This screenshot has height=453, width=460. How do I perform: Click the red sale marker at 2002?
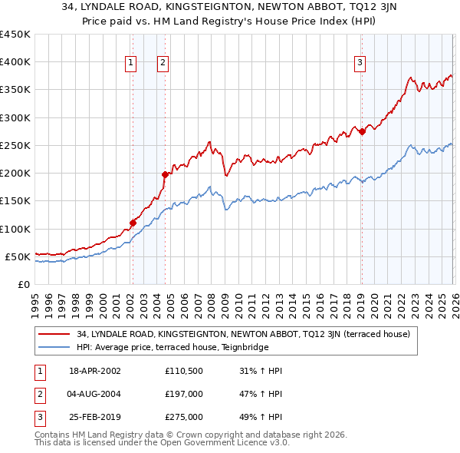coord(133,223)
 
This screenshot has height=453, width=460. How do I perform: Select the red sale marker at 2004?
coord(164,174)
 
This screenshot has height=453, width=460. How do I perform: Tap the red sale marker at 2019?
coord(362,131)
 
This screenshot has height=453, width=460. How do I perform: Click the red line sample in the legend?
coord(54,334)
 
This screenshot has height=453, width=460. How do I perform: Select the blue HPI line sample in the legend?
coord(54,347)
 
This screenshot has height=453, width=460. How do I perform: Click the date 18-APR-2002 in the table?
coord(95,371)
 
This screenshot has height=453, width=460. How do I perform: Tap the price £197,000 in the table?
coord(184,394)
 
